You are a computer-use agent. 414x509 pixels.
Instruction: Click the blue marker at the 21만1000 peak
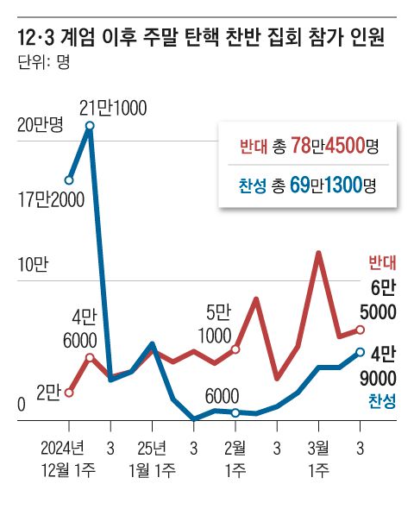(x=90, y=127)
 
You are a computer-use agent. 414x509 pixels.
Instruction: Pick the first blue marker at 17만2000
(x=69, y=180)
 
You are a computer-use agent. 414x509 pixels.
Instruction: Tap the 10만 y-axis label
(x=33, y=265)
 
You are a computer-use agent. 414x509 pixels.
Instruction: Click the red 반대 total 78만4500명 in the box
(x=307, y=146)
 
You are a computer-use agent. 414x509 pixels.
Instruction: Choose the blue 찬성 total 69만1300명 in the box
(x=307, y=185)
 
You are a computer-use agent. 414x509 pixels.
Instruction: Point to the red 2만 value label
(x=47, y=393)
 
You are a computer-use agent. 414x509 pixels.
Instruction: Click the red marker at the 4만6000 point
(x=90, y=356)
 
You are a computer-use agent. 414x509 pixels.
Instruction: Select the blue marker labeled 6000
(x=235, y=412)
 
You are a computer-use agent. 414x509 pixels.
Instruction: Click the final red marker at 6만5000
(x=361, y=330)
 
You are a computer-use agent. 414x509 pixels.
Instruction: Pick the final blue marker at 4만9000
(x=361, y=352)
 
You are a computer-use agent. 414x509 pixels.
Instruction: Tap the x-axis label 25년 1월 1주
(x=153, y=459)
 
